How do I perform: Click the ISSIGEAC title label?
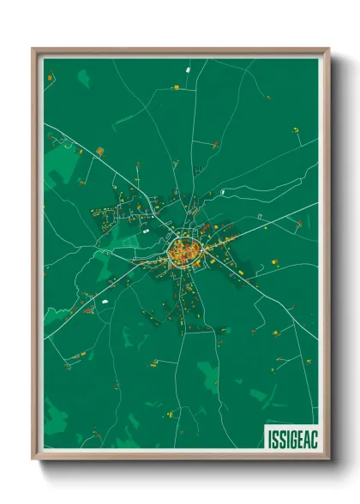point(290,435)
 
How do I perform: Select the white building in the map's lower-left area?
point(105,302)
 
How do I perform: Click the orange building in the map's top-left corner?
point(50,78)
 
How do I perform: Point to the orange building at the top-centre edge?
point(176,87)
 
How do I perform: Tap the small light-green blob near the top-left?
point(83,81)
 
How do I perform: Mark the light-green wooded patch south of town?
point(208,374)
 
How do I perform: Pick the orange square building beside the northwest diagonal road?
point(99,152)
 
